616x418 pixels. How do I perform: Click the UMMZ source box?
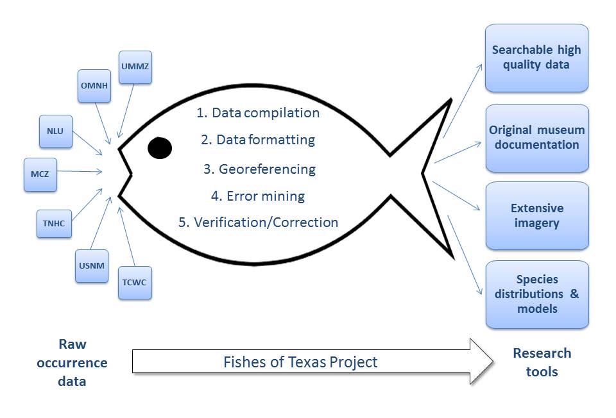coord(136,67)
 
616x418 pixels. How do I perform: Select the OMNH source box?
coord(94,86)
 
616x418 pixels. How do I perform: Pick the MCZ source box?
coord(40,174)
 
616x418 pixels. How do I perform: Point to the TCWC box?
coord(136,283)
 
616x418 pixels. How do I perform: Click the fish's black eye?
coord(160,148)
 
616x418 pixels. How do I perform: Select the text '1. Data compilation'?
coord(258,113)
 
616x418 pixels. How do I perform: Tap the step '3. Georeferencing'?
coord(259,169)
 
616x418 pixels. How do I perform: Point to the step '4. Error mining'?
coord(258,196)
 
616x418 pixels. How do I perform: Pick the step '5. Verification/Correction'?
coord(258,222)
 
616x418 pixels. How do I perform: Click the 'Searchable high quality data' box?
coord(536,58)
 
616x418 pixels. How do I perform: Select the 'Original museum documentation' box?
coord(536,138)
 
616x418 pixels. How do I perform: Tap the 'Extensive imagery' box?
coord(536,216)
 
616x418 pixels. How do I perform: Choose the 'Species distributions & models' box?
coord(536,294)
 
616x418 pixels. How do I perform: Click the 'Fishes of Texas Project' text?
coord(300,362)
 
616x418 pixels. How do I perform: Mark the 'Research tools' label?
coord(542,362)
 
